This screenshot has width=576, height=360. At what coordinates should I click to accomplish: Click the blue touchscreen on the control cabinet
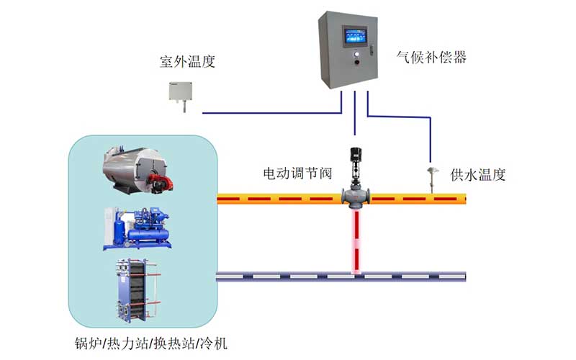point(354,36)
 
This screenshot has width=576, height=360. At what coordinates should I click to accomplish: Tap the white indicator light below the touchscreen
point(354,53)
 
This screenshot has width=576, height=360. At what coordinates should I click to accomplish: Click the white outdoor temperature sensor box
point(181,91)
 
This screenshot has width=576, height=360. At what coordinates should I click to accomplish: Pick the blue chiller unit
point(138,228)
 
